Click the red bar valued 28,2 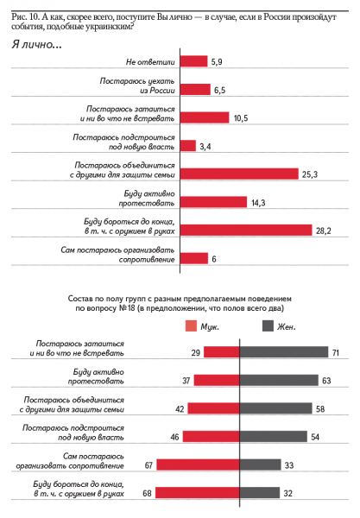point(245,229)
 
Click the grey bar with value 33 point(260,464)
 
